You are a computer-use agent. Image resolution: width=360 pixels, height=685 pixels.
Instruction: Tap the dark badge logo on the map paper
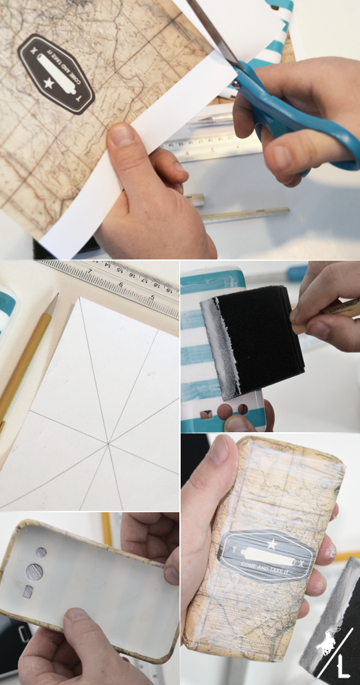click(56, 74)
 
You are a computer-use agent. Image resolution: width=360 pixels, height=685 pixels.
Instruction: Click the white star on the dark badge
click(48, 83)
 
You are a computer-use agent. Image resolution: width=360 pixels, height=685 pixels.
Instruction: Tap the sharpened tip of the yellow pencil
click(53, 298)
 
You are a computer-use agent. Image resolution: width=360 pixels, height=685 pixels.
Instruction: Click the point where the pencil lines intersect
click(108, 441)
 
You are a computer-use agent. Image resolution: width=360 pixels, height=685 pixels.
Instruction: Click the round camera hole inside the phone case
click(34, 572)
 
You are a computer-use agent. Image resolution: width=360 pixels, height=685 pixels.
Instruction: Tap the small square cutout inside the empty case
click(27, 592)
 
